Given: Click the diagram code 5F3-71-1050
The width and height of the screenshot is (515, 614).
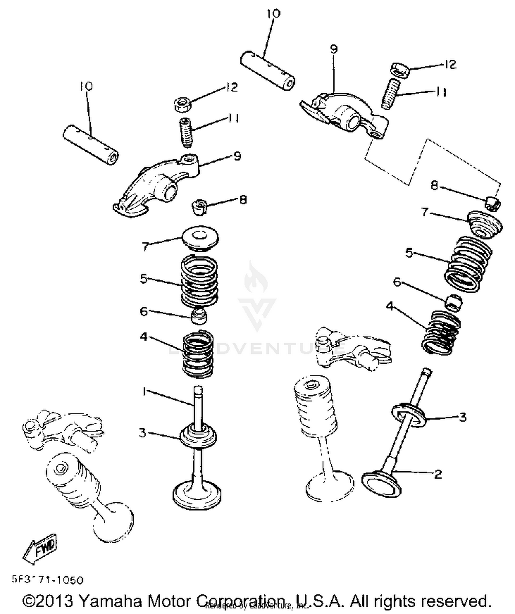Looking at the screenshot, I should pos(48,580).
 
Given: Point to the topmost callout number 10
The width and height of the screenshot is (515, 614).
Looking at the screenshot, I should pos(274,14).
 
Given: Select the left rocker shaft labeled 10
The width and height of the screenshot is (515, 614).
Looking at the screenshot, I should pos(91,146).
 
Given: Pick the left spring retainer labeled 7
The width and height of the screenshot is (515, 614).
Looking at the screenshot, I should pos(199,239).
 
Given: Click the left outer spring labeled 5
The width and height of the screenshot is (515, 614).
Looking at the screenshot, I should pos(199,281).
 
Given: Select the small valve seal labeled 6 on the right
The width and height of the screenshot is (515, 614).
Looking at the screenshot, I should pos(453,302).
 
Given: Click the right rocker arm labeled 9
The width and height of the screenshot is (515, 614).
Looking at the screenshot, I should pos(347,113).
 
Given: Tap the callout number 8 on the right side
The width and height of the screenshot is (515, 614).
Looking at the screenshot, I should pos(435,186).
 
